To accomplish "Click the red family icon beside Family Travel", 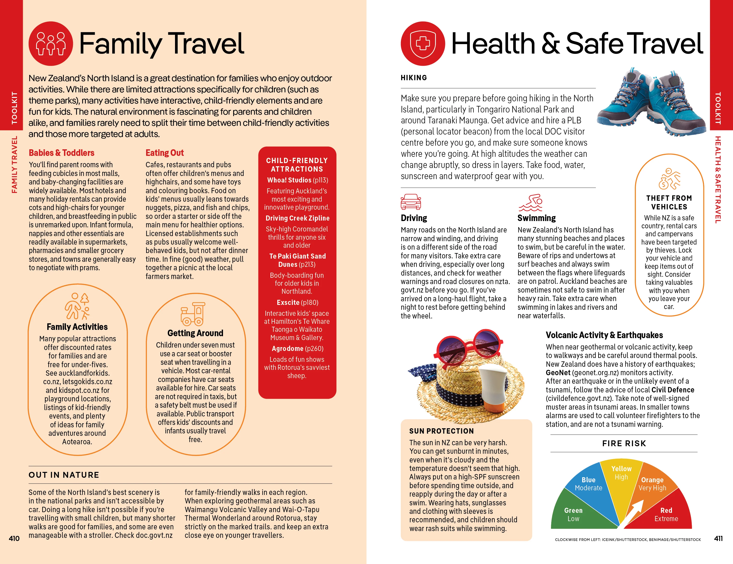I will click(x=51, y=44).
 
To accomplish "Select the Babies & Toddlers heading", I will click(x=61, y=153).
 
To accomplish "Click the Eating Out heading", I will click(x=164, y=153).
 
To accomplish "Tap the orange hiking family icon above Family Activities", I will click(x=77, y=306).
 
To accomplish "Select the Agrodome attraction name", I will click(x=287, y=349).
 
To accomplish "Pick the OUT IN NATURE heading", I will click(x=64, y=475).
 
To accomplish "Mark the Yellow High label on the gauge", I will click(x=621, y=473).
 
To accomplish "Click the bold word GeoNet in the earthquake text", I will click(x=558, y=373).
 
